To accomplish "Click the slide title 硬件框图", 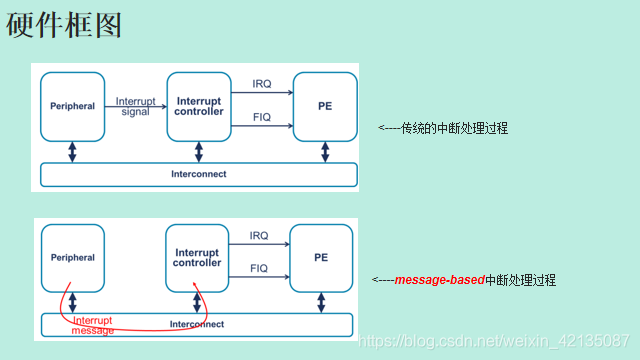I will (x=64, y=26).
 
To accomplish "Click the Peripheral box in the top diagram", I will (x=72, y=106).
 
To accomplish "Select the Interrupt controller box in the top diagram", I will (x=198, y=106).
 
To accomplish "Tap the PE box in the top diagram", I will (x=324, y=106).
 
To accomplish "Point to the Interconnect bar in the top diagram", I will (x=198, y=174).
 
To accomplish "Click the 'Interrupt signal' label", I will (x=135, y=106).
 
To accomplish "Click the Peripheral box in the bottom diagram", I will (x=72, y=258).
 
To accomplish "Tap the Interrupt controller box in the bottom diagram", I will (x=196, y=258).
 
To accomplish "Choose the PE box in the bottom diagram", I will (x=321, y=258).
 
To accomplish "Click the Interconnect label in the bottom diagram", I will (x=196, y=324).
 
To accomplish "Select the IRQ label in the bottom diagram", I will (x=259, y=236).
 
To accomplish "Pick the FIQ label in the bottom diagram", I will (x=259, y=269).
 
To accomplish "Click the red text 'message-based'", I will (x=439, y=281).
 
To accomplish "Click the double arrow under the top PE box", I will (x=324, y=151).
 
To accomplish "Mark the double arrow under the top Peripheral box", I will (x=72, y=151).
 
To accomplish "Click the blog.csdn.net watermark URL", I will (x=494, y=341).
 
